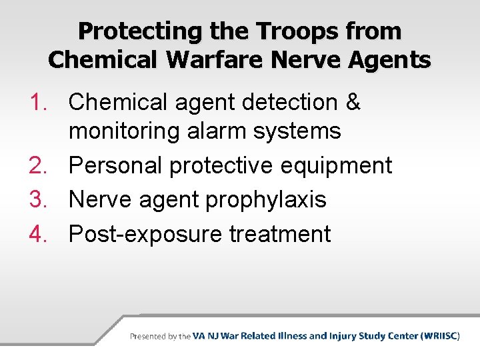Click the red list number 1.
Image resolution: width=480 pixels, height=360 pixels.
pyautogui.click(x=39, y=103)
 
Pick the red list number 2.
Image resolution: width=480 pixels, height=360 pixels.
pyautogui.click(x=39, y=165)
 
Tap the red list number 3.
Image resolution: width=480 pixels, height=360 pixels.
pyautogui.click(x=39, y=199)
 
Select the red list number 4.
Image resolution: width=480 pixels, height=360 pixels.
pyautogui.click(x=39, y=234)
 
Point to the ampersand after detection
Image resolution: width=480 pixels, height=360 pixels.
pyautogui.click(x=353, y=103)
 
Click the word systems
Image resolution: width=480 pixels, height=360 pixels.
pyautogui.click(x=303, y=131)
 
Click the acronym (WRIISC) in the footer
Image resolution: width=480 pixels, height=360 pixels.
pyautogui.click(x=440, y=336)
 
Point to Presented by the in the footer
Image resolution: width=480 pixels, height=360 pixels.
pyautogui.click(x=160, y=337)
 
